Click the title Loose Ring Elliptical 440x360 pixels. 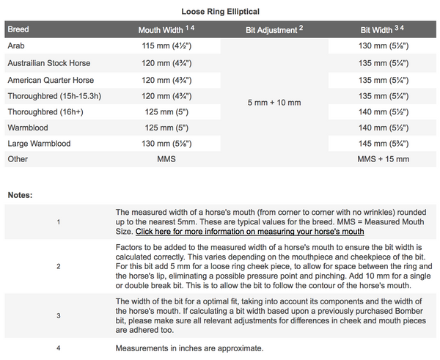[220, 11]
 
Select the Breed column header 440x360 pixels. [18, 31]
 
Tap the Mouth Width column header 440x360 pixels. [167, 31]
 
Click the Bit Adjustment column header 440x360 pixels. [274, 31]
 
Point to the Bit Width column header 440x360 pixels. [383, 31]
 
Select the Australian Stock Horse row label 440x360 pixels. [47, 63]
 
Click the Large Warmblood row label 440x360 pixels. [39, 143]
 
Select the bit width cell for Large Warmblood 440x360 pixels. [383, 143]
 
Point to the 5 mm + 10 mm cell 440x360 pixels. [274, 103]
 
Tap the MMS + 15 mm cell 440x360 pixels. [383, 159]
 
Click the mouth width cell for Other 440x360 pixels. [167, 159]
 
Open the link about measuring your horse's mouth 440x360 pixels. [249, 232]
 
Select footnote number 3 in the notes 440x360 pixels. [58, 315]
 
